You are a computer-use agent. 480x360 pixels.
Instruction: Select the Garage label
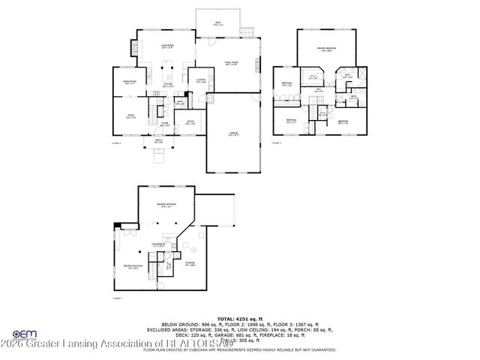click(x=234, y=133)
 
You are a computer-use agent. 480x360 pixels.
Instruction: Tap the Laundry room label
click(x=201, y=80)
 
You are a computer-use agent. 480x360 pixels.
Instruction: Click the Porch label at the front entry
click(x=158, y=142)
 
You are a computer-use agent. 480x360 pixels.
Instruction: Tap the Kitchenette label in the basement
click(x=159, y=244)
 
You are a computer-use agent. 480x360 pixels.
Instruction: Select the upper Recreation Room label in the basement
click(x=166, y=205)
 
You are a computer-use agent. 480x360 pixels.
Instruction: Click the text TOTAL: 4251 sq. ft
click(x=239, y=318)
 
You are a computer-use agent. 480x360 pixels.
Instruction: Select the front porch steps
click(x=158, y=156)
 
